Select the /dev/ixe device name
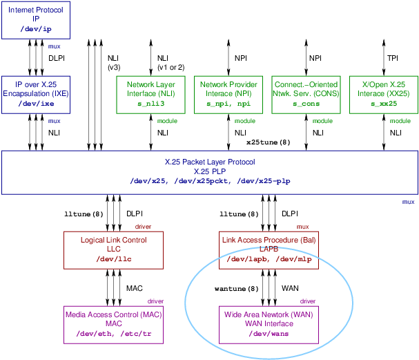(x=35, y=104)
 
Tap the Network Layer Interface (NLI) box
(x=150, y=93)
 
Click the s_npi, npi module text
(x=228, y=104)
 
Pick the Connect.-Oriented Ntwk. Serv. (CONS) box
(x=306, y=93)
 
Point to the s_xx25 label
(x=383, y=104)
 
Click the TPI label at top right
(x=392, y=58)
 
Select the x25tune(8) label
(x=269, y=142)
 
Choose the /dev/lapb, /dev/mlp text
(x=262, y=258)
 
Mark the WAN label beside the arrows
(x=289, y=287)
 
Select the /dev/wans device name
(x=262, y=334)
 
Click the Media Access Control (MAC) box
(x=106, y=324)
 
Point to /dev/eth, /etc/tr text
(x=106, y=334)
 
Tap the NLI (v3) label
(x=114, y=62)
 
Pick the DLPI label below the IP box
(x=56, y=58)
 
